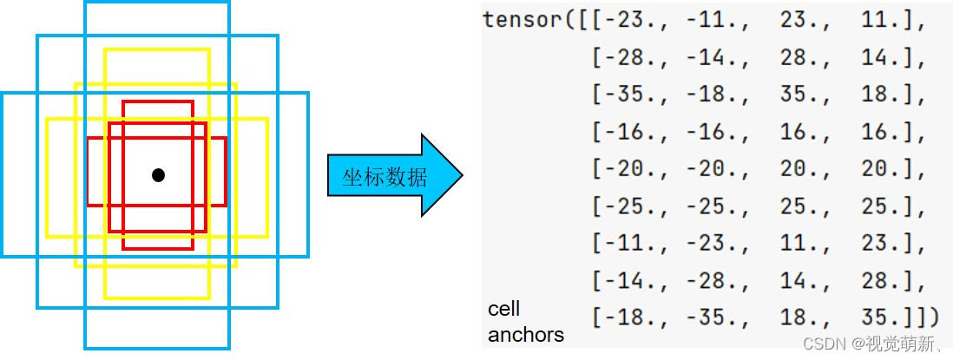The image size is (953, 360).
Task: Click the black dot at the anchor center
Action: (x=158, y=175)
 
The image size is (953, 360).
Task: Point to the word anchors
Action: (x=526, y=334)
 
